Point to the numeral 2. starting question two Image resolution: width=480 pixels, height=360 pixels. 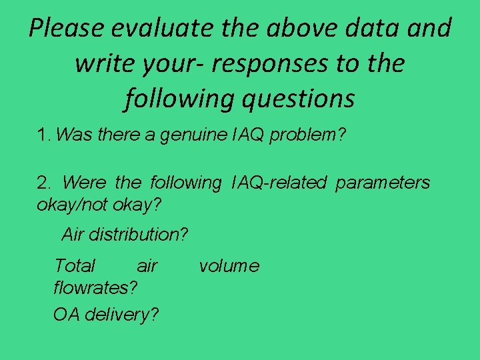[44, 182]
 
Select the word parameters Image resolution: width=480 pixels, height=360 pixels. [383, 183]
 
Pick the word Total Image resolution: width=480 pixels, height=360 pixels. [75, 266]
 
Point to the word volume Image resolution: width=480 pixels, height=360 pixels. [229, 266]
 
